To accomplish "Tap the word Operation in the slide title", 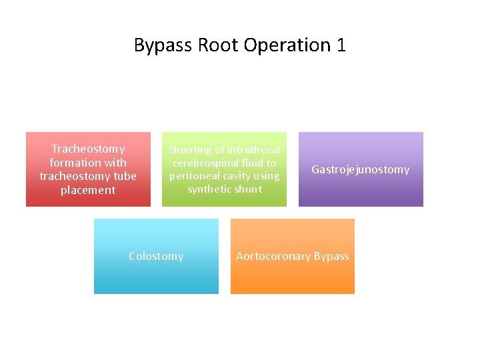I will pyautogui.click(x=287, y=45).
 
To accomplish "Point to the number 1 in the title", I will pyautogui.click(x=341, y=45).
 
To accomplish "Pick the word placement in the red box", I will pyautogui.click(x=88, y=190).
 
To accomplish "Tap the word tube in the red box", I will pyautogui.click(x=124, y=176).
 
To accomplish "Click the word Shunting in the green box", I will pyautogui.click(x=189, y=150).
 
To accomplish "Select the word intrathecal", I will pyautogui.click(x=253, y=150).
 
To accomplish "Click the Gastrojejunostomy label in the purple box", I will pyautogui.click(x=361, y=169).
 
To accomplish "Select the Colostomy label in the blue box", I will pyautogui.click(x=156, y=256).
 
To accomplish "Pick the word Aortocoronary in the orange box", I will pyautogui.click(x=273, y=256).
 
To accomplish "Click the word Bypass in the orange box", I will pyautogui.click(x=331, y=256).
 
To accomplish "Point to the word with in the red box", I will pyautogui.click(x=114, y=163).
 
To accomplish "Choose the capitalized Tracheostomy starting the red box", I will pyautogui.click(x=88, y=149).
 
